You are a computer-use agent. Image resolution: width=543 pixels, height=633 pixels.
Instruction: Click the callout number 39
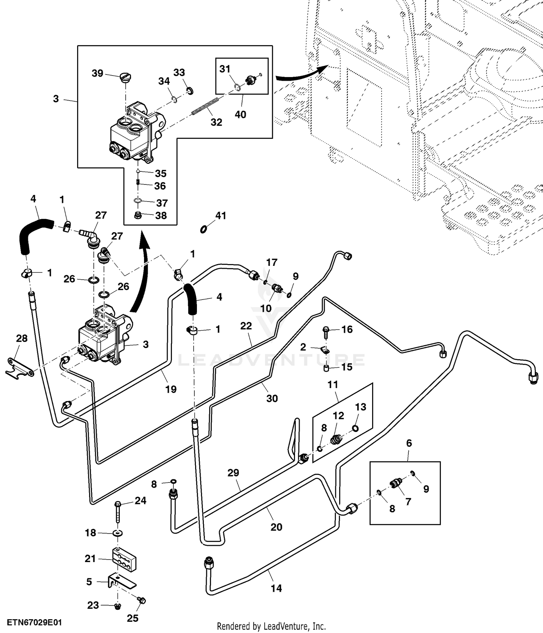click(x=97, y=73)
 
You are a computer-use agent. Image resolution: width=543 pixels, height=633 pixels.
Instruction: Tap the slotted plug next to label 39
click(x=126, y=78)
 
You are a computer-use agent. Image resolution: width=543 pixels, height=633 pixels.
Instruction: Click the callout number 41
click(x=220, y=216)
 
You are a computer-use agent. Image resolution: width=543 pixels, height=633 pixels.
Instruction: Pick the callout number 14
click(x=276, y=589)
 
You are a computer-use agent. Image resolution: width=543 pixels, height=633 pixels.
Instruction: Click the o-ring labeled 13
click(x=355, y=428)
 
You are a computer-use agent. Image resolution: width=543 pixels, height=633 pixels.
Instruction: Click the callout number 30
click(x=272, y=398)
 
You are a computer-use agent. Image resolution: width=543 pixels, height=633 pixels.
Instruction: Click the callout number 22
click(x=246, y=326)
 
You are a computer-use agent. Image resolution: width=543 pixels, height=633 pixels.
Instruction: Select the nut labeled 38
click(x=137, y=216)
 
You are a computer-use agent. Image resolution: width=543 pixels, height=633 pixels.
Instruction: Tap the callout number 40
click(x=240, y=114)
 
